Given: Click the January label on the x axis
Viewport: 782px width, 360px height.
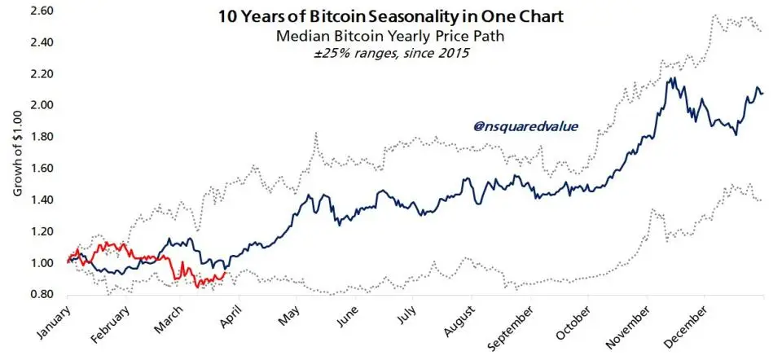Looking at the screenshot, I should tap(50, 323).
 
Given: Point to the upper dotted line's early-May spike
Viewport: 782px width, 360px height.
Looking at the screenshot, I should tap(314, 134).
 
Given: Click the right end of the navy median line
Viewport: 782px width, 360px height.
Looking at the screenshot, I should tap(762, 93).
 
